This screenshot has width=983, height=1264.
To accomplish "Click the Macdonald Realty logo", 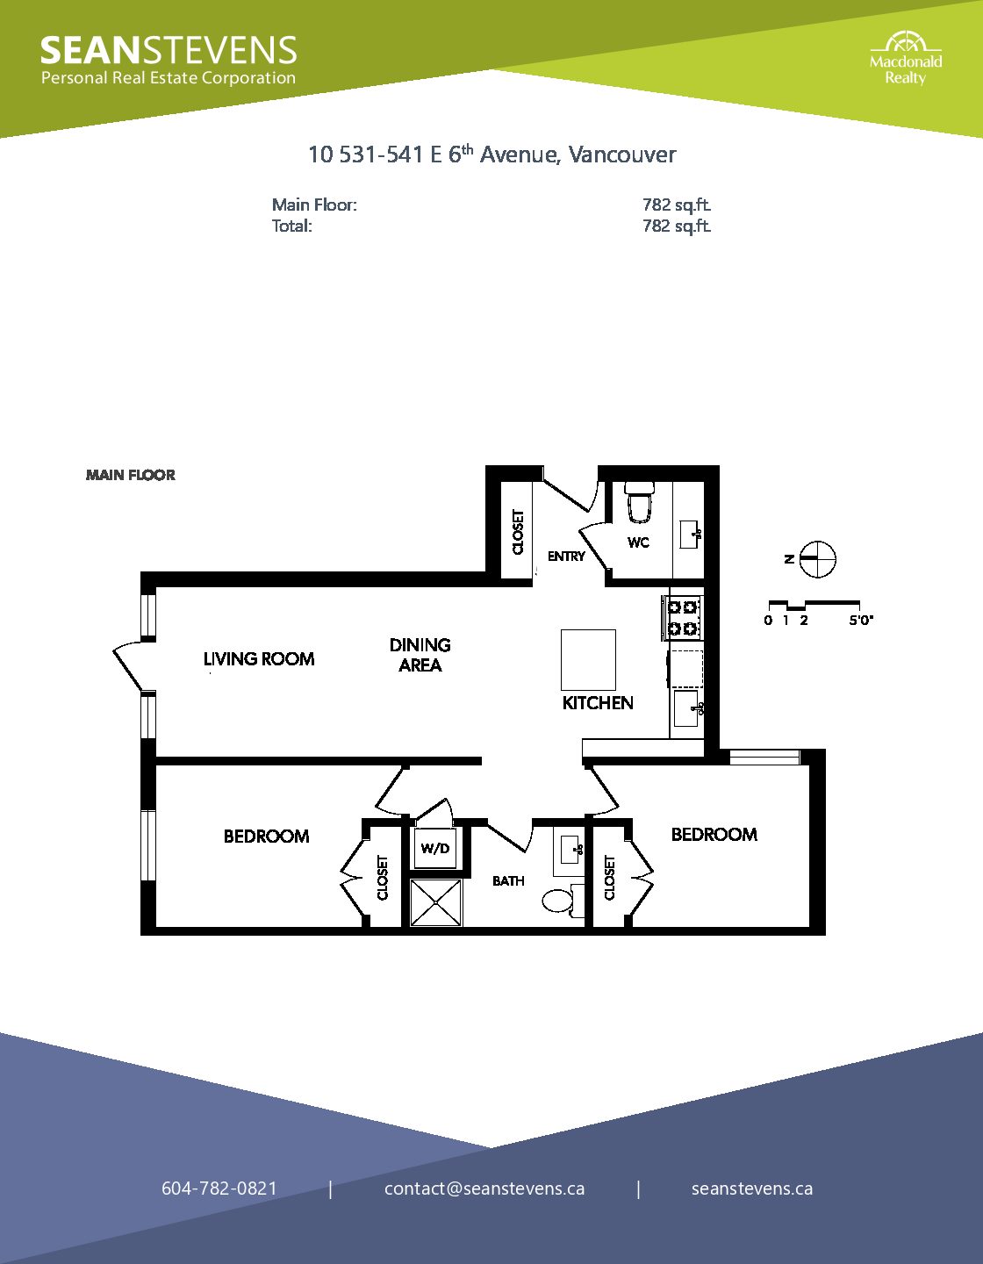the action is [x=906, y=59].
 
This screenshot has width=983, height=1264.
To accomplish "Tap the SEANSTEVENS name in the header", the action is [x=169, y=50].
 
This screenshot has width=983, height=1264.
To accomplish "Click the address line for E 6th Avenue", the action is [x=491, y=154].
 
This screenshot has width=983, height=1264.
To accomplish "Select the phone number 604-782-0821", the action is [x=219, y=1189].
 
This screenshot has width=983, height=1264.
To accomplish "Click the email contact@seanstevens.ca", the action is [x=484, y=1189].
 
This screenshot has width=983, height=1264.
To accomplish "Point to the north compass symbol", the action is [x=817, y=559].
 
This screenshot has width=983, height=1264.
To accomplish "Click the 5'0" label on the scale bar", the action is [x=861, y=620].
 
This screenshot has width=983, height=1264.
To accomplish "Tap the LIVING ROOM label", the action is [x=259, y=659].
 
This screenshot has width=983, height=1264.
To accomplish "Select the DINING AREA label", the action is [x=420, y=655].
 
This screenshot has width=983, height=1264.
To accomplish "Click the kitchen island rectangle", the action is [x=588, y=659].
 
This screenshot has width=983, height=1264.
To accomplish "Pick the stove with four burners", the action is [x=683, y=619].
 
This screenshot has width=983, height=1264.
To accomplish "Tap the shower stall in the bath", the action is [x=436, y=902].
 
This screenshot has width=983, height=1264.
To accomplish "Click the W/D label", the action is [x=435, y=849].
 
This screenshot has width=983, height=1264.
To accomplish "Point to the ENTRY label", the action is [x=566, y=557].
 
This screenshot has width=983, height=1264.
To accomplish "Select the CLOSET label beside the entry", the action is [x=518, y=532].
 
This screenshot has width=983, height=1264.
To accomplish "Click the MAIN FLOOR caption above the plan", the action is [x=130, y=475].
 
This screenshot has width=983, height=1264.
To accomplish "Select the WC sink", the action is [x=691, y=534].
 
